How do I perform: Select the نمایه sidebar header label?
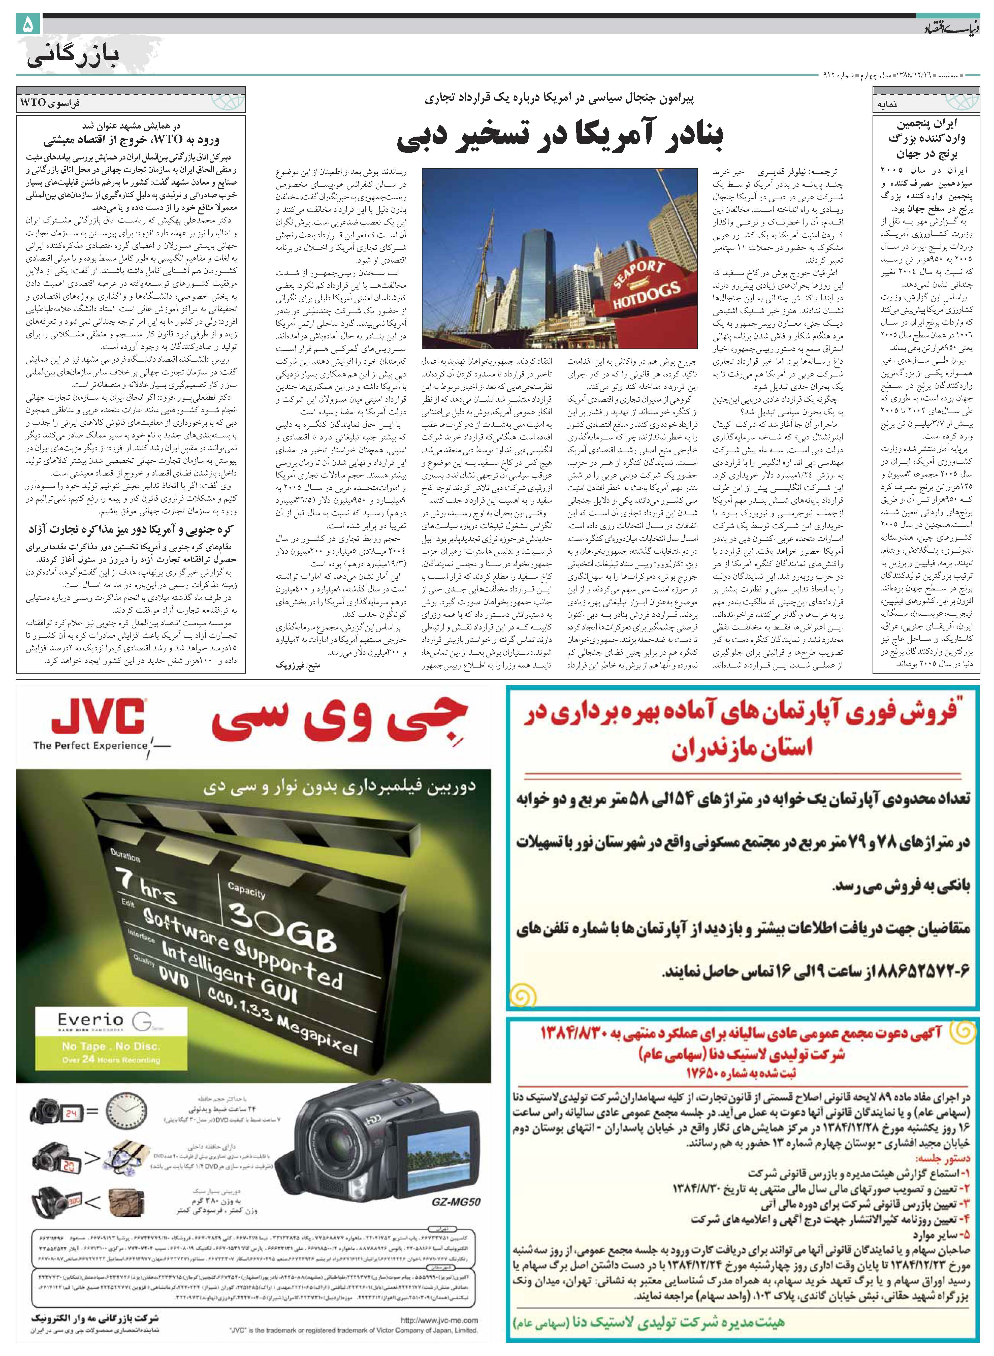[x=887, y=104]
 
